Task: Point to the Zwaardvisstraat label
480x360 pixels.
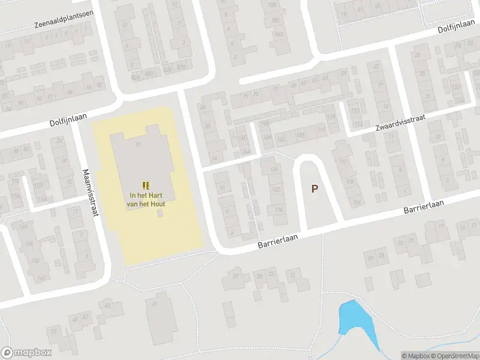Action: [x=400, y=123]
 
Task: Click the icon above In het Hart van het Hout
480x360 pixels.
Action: [x=145, y=185]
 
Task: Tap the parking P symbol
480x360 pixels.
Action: [x=314, y=188]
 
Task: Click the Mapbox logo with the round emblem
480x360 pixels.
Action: [x=26, y=353]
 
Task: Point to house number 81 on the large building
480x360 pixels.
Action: [x=137, y=145]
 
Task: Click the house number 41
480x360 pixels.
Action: [x=154, y=304]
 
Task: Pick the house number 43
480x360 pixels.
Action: [x=107, y=305]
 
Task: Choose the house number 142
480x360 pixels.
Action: [x=41, y=278]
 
